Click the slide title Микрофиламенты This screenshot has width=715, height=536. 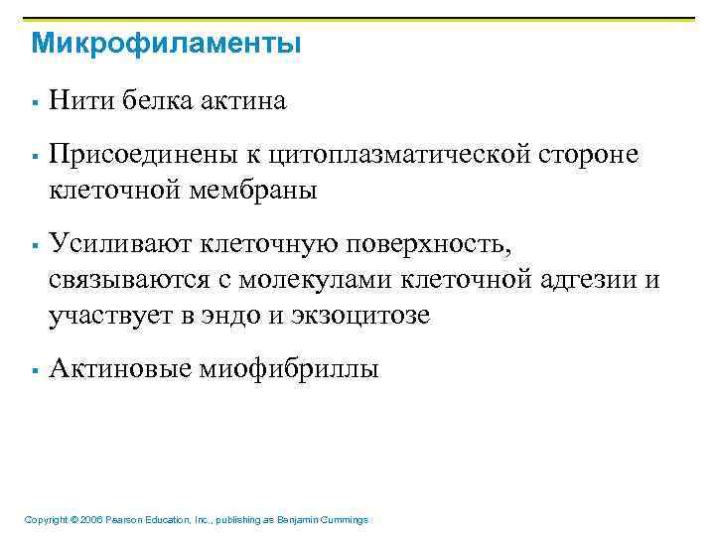166,45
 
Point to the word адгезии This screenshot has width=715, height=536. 588,280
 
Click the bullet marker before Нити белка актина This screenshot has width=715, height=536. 34,101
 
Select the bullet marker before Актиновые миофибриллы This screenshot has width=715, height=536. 34,371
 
